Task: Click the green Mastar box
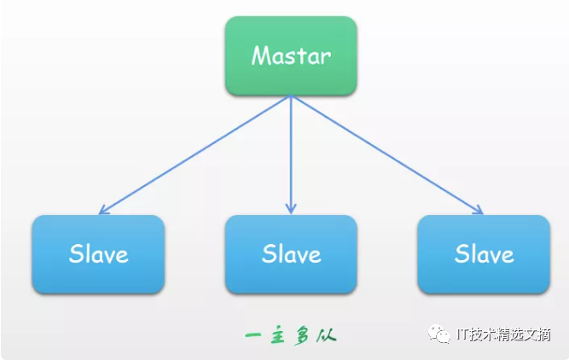click(291, 55)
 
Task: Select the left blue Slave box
click(98, 254)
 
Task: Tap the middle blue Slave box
click(291, 254)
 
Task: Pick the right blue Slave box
click(484, 254)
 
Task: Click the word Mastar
click(291, 55)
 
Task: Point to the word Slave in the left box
click(98, 253)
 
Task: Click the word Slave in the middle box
click(292, 253)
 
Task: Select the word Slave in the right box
click(484, 253)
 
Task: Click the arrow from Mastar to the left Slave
click(195, 154)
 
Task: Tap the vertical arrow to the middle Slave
click(291, 154)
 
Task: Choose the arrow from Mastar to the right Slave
click(386, 154)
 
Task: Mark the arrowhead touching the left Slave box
click(103, 210)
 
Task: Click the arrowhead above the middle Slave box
click(291, 209)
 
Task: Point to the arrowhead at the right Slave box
click(479, 210)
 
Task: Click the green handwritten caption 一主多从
click(291, 335)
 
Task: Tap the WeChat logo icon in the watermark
click(439, 334)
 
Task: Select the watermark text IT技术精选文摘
click(503, 334)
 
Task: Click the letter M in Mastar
click(261, 55)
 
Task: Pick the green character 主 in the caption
click(277, 335)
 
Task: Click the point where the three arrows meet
click(291, 96)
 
